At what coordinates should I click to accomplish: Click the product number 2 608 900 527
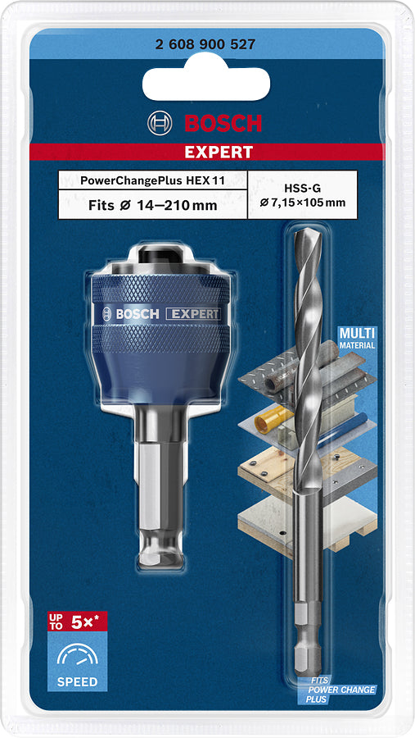(205, 46)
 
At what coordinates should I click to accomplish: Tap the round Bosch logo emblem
(160, 124)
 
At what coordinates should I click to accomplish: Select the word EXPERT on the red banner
(218, 152)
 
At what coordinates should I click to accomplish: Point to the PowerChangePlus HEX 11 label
(152, 180)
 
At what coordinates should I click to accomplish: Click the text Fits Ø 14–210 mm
(152, 205)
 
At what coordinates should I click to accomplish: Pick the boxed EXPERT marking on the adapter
(193, 314)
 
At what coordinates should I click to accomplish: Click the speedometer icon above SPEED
(77, 654)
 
